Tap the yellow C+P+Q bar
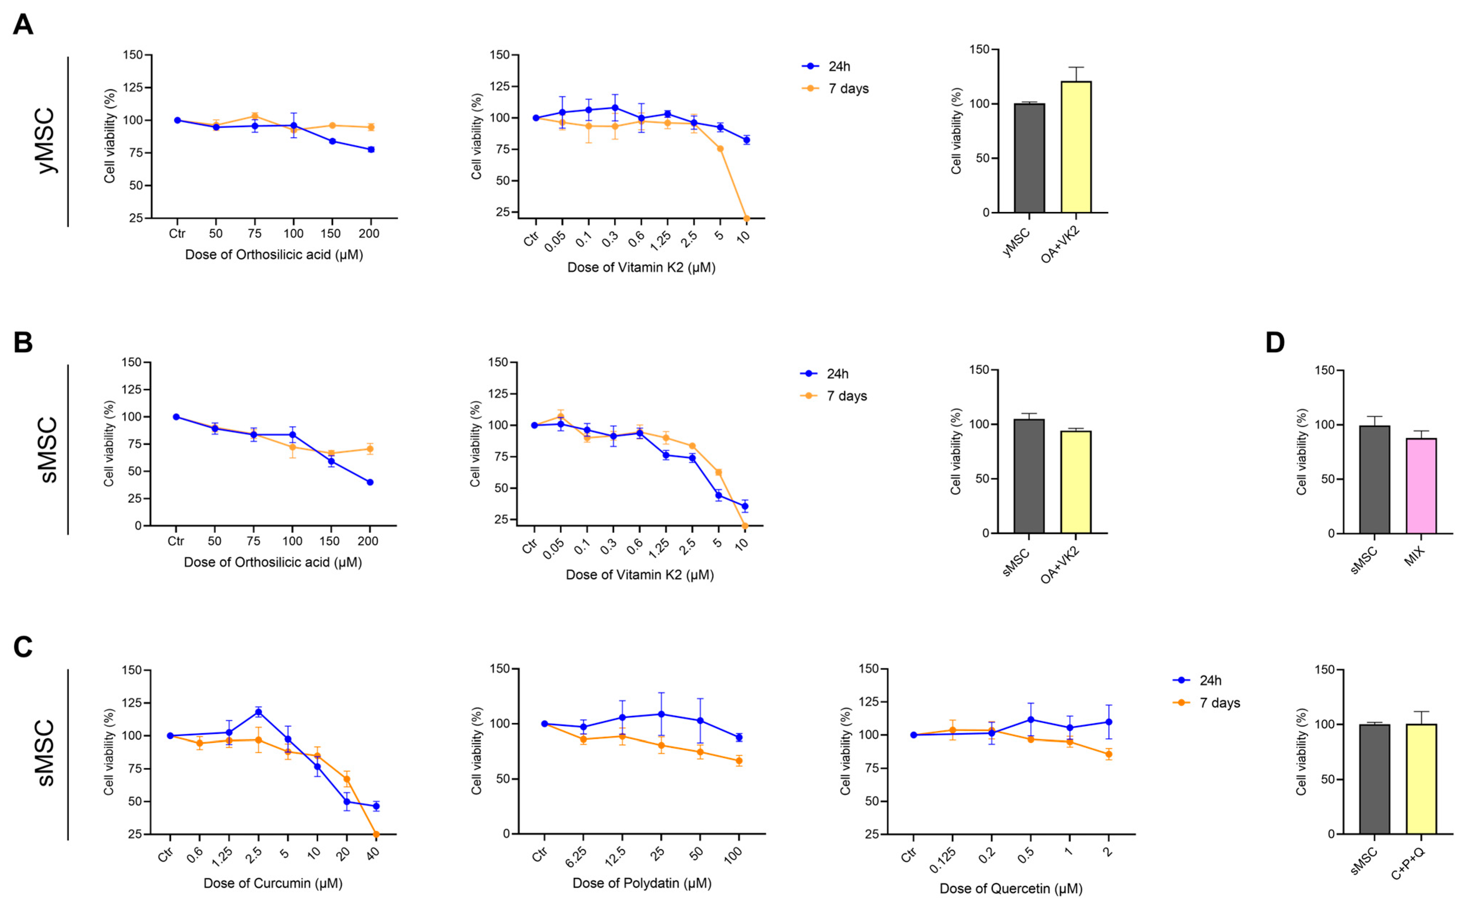pyautogui.click(x=1421, y=779)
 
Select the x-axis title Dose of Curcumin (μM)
pyautogui.click(x=273, y=883)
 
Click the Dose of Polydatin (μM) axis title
pyautogui.click(x=642, y=883)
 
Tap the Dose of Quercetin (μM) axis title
pyautogui.click(x=1011, y=889)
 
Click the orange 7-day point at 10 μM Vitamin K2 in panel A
pyautogui.click(x=746, y=218)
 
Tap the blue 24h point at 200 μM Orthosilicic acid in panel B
pyautogui.click(x=370, y=482)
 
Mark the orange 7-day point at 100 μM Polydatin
pyautogui.click(x=739, y=761)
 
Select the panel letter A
pyautogui.click(x=23, y=26)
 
